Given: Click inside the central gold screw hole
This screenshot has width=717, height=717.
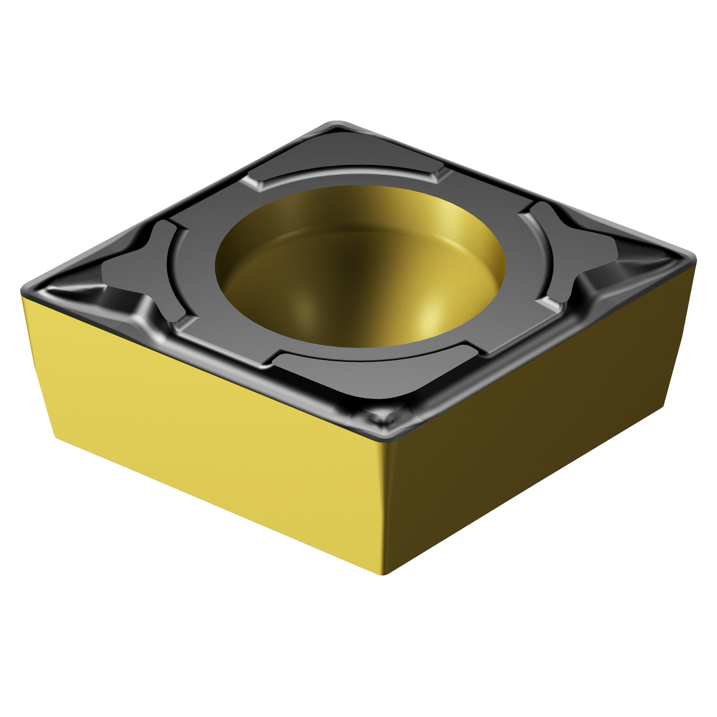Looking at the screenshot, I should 358,268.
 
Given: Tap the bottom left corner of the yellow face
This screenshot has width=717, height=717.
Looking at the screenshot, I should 57,437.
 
